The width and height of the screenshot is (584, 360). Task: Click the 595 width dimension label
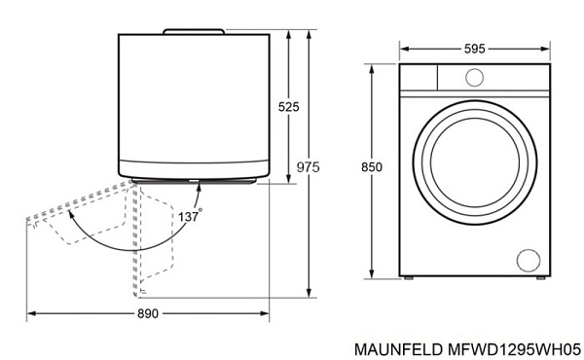474,49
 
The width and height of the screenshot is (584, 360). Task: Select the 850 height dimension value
371,167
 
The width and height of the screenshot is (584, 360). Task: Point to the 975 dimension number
308,167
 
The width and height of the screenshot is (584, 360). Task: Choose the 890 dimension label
147,313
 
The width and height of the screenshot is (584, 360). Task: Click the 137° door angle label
189,216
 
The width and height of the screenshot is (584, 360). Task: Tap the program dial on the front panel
475,77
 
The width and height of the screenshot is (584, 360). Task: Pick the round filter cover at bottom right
528,260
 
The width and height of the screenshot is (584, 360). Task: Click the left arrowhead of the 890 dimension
29,313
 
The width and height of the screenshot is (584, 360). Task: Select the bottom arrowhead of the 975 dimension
309,293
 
